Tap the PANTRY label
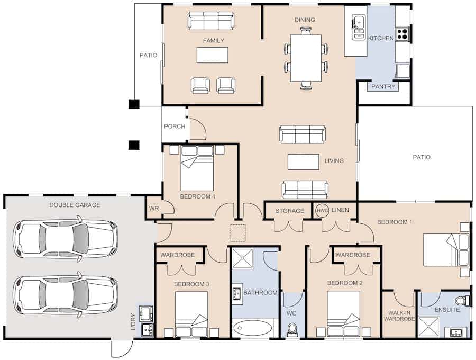[x=383, y=87]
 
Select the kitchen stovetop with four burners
[x=402, y=34]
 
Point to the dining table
[x=306, y=58]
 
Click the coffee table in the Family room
[x=212, y=55]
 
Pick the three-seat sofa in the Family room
[x=210, y=21]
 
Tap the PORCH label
[x=175, y=126]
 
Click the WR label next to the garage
[x=154, y=209]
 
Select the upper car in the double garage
[x=65, y=239]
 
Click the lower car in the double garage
[x=65, y=294]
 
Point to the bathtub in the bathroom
[x=253, y=328]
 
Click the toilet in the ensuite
[x=463, y=301]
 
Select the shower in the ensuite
[x=428, y=327]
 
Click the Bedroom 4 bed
[x=197, y=168]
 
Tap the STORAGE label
[x=290, y=211]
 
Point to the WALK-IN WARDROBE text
[x=399, y=316]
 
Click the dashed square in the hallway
[x=237, y=233]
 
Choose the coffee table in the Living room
[x=303, y=162]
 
